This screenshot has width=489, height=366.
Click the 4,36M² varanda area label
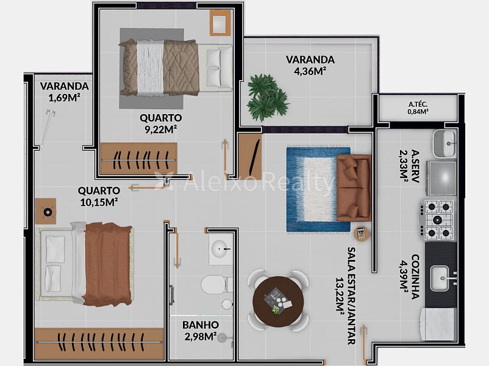pyautogui.click(x=310, y=71)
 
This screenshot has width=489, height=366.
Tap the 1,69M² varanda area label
pyautogui.click(x=64, y=98)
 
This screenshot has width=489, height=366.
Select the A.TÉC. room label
pyautogui.click(x=418, y=104)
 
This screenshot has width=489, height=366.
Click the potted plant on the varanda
pyautogui.click(x=268, y=98)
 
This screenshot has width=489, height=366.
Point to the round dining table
pyautogui.click(x=278, y=302)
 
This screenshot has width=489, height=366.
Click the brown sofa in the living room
pyautogui.click(x=354, y=188)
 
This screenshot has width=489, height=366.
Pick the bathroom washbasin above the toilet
pyautogui.click(x=221, y=249)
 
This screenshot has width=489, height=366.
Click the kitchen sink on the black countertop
pyautogui.click(x=440, y=278)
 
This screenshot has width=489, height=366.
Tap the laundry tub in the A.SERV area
pyautogui.click(x=444, y=144)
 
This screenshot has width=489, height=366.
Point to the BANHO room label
pyautogui.click(x=201, y=325)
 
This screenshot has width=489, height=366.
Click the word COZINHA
pyautogui.click(x=415, y=277)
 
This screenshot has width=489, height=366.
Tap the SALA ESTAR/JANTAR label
pyautogui.click(x=351, y=296)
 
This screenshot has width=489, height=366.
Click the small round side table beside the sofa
pyautogui.click(x=362, y=233)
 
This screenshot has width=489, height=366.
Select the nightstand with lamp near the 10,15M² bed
pyautogui.click(x=46, y=211)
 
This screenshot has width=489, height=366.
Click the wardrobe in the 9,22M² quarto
pyautogui.click(x=139, y=159)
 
